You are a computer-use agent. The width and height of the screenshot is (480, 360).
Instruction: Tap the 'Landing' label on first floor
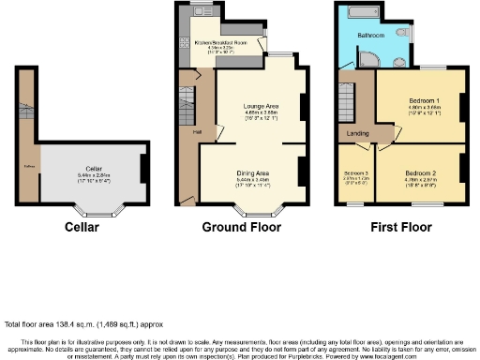point(357,133)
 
